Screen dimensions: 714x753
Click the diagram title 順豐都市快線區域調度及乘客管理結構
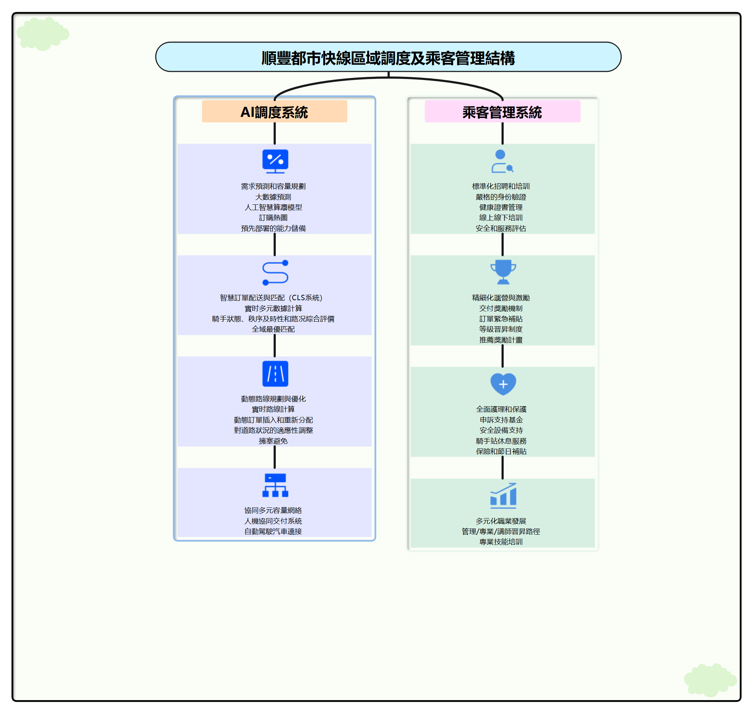click(x=388, y=58)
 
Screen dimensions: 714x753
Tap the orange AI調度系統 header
click(x=274, y=112)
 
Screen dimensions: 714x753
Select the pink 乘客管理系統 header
click(x=502, y=112)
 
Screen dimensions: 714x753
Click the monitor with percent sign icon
click(x=275, y=161)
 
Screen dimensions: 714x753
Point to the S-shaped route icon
click(x=275, y=273)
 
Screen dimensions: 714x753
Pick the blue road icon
click(x=275, y=373)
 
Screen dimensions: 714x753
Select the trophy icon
click(x=503, y=272)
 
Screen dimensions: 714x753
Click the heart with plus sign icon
click(x=503, y=384)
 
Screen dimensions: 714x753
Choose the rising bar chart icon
click(x=503, y=495)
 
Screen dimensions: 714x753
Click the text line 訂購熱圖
click(x=273, y=218)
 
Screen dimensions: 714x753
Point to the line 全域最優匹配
click(x=273, y=329)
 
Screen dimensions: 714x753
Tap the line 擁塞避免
click(x=273, y=441)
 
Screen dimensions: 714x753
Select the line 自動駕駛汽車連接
click(x=273, y=531)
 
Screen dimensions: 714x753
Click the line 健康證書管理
click(x=500, y=207)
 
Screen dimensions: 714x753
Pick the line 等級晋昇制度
click(x=500, y=329)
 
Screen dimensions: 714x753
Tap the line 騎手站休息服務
click(x=501, y=441)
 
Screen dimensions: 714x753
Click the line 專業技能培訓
click(x=500, y=542)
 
